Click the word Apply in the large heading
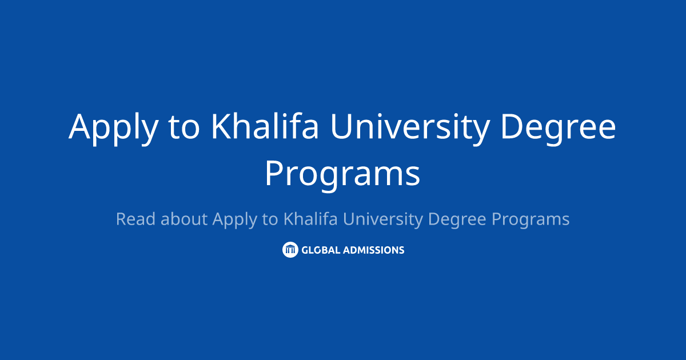112,127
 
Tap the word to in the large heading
184,127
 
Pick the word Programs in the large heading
342,174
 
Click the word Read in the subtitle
135,219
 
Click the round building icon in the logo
290,250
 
